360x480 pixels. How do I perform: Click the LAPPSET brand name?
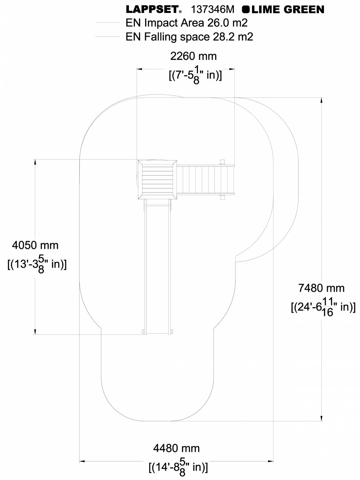[153, 9]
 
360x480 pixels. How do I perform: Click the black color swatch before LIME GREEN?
[246, 9]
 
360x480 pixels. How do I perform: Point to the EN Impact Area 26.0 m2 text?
[186, 23]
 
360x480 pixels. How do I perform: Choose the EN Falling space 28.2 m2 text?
[189, 37]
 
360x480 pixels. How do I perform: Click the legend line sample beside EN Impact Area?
[107, 23]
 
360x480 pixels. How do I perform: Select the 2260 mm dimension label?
[193, 56]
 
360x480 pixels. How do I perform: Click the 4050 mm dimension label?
[35, 245]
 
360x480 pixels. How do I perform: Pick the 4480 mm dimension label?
[176, 448]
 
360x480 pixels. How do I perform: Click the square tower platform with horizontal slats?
[157, 179]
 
